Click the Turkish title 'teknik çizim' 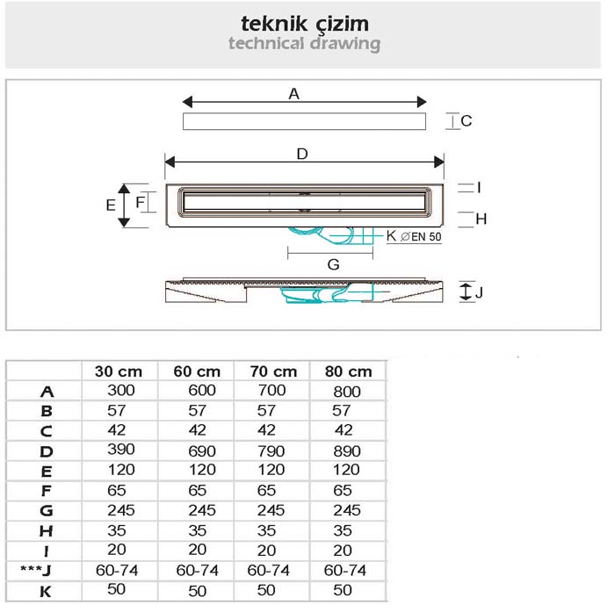point(305,25)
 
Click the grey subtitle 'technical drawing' point(304,44)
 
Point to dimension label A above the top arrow point(293,94)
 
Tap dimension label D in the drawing point(302,154)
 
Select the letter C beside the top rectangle point(466,121)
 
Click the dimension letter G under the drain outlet point(333,264)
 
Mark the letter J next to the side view point(479,292)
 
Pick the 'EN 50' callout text point(426,237)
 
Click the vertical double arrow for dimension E point(124,205)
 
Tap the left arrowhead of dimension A point(187,102)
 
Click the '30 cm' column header point(119,371)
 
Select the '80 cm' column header point(348,371)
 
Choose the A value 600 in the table point(202,391)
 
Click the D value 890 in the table point(347,451)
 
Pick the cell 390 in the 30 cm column point(121,450)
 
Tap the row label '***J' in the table point(36,570)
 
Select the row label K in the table point(46,591)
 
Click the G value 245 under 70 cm point(271,510)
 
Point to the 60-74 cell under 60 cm point(198,571)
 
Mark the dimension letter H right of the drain point(481,220)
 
